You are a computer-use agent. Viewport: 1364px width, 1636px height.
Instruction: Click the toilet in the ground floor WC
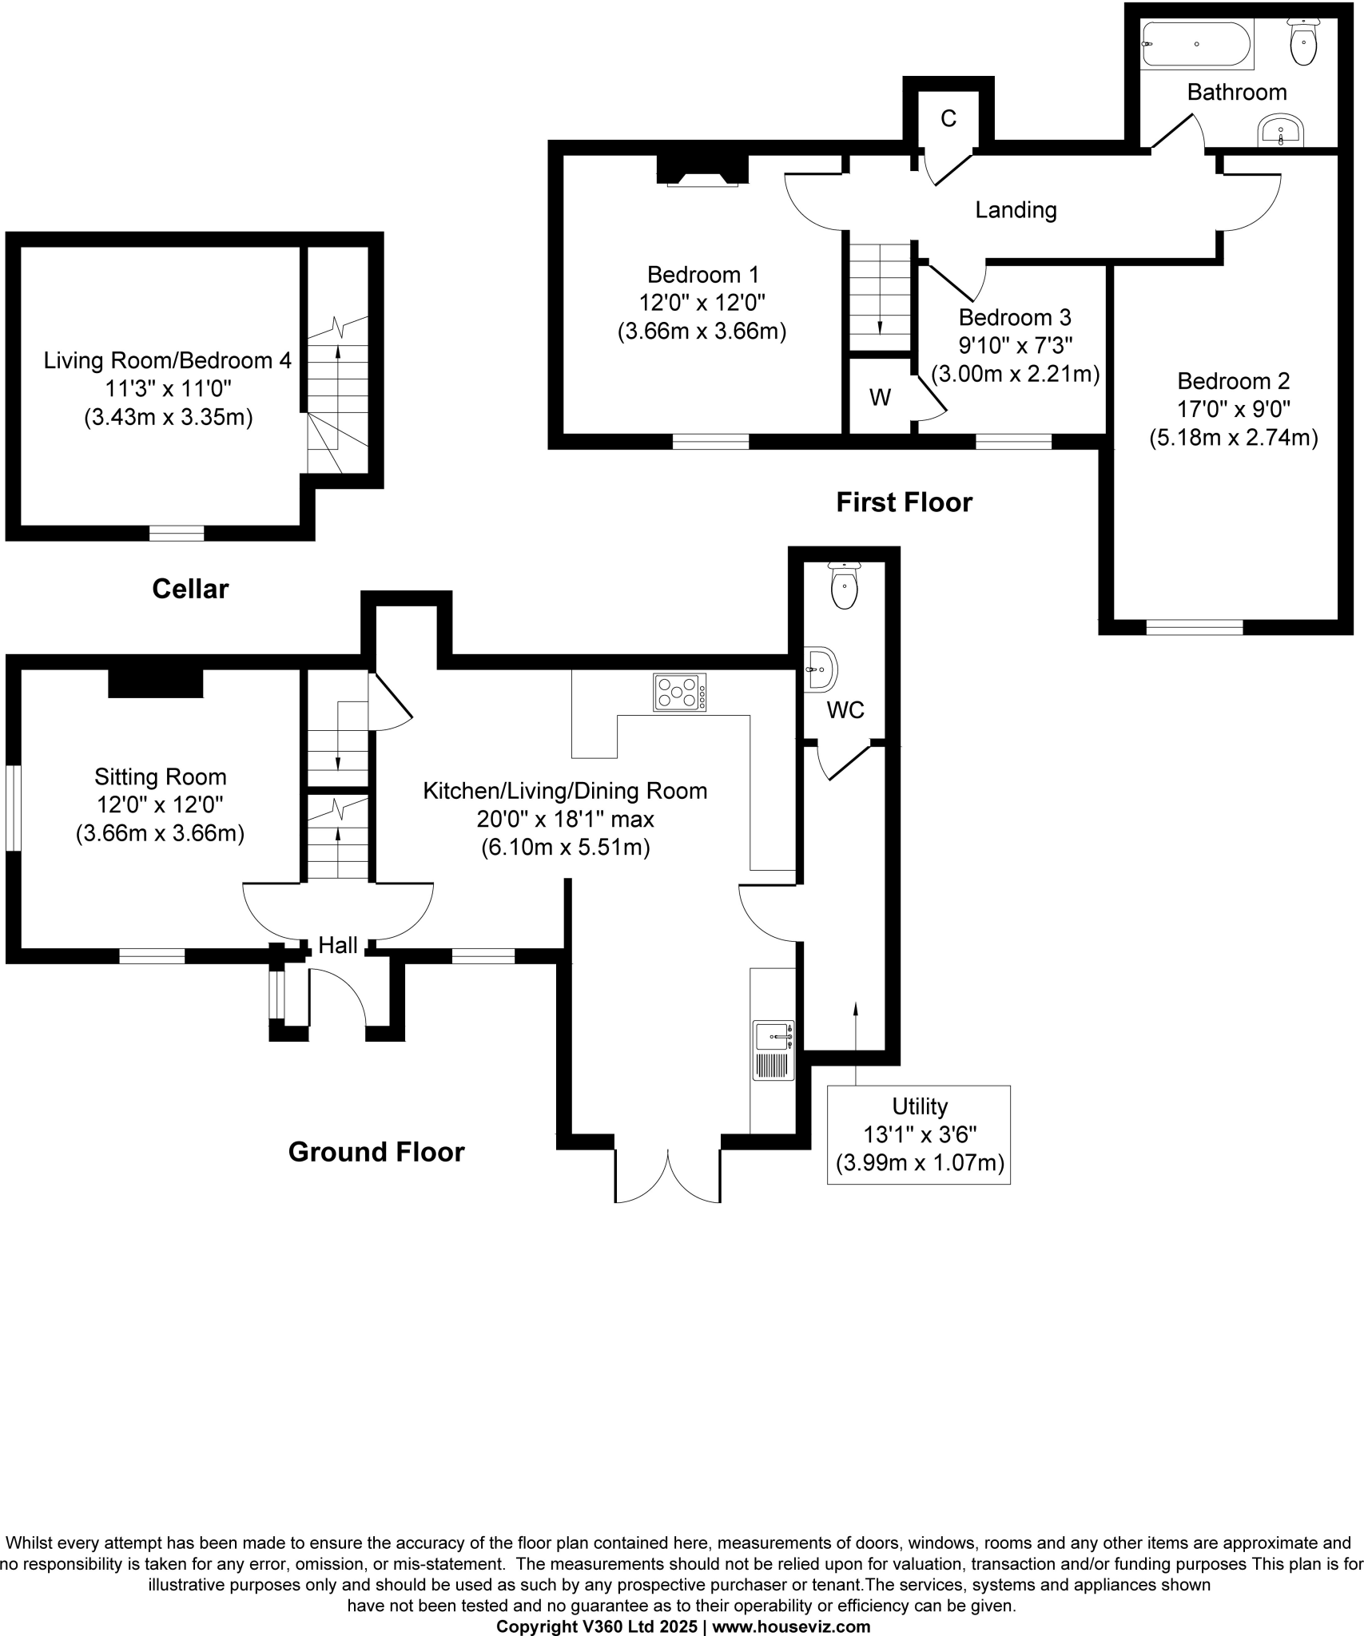(845, 586)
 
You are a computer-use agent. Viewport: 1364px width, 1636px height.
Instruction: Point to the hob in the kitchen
(680, 693)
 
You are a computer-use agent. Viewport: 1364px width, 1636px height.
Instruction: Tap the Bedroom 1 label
(703, 275)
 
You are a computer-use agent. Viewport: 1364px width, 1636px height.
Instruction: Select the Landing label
(1016, 210)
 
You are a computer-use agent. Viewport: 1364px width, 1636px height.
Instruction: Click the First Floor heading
(904, 502)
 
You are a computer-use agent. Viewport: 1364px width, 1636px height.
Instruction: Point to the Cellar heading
(190, 590)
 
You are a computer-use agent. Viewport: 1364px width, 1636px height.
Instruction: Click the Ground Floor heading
(376, 1152)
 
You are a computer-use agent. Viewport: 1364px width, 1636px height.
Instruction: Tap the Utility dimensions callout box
(919, 1134)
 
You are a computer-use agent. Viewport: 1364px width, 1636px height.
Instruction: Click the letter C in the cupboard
(948, 119)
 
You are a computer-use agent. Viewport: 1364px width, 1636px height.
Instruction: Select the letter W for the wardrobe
(880, 398)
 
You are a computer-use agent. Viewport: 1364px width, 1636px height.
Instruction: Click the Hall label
(337, 946)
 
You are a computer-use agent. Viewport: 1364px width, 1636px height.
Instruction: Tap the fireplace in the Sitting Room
(156, 682)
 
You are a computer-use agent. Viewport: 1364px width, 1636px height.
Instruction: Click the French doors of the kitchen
(668, 1174)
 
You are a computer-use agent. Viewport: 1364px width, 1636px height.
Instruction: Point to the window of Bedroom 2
(1194, 627)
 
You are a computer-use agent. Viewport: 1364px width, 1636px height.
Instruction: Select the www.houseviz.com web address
(791, 1626)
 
